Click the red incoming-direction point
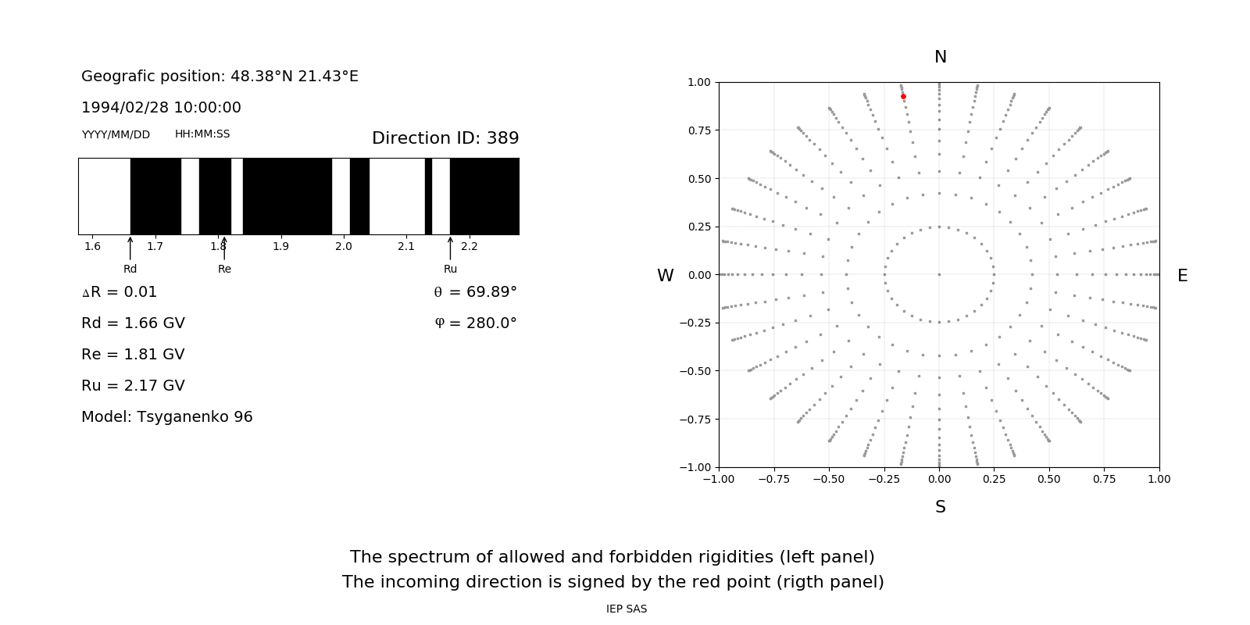click(x=903, y=97)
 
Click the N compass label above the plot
click(x=940, y=57)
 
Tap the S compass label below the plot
click(x=940, y=507)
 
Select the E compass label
click(x=1182, y=276)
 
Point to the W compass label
click(x=665, y=276)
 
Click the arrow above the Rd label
click(x=130, y=248)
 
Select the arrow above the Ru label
click(x=450, y=248)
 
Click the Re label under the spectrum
click(x=224, y=269)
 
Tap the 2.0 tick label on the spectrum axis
click(x=343, y=246)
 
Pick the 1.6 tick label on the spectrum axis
click(x=92, y=246)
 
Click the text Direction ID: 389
click(x=445, y=138)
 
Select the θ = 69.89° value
click(x=475, y=292)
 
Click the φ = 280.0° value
click(x=476, y=323)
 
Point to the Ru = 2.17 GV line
click(x=133, y=386)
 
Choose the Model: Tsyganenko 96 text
click(x=166, y=417)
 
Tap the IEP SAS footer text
click(x=626, y=609)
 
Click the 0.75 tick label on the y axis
click(x=698, y=130)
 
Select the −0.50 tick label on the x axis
click(x=828, y=479)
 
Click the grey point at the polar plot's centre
click(x=939, y=274)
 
